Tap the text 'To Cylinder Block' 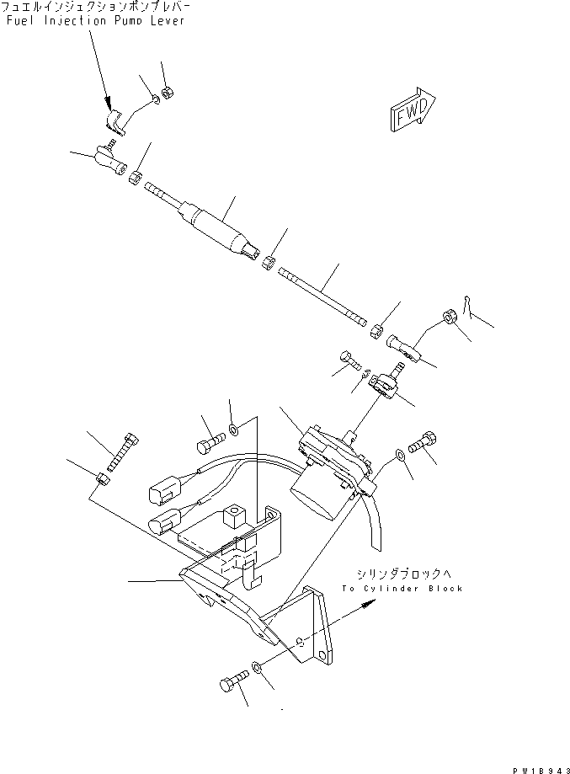click(x=402, y=589)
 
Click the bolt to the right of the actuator click(x=421, y=441)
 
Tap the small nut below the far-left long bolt click(x=101, y=480)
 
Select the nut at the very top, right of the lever click(x=168, y=92)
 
